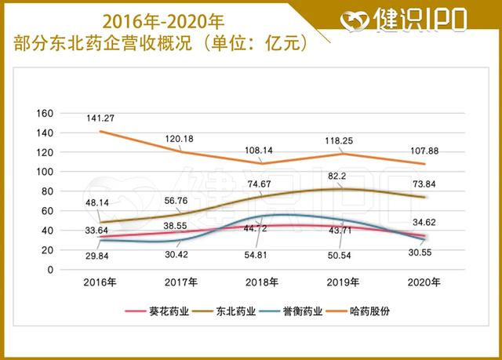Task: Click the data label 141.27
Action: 103,118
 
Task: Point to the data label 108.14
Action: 262,149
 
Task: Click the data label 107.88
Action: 424,150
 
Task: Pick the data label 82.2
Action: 340,176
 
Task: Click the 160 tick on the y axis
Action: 45,113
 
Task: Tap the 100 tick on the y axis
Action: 45,172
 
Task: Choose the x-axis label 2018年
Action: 262,282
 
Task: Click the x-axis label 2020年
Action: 424,282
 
